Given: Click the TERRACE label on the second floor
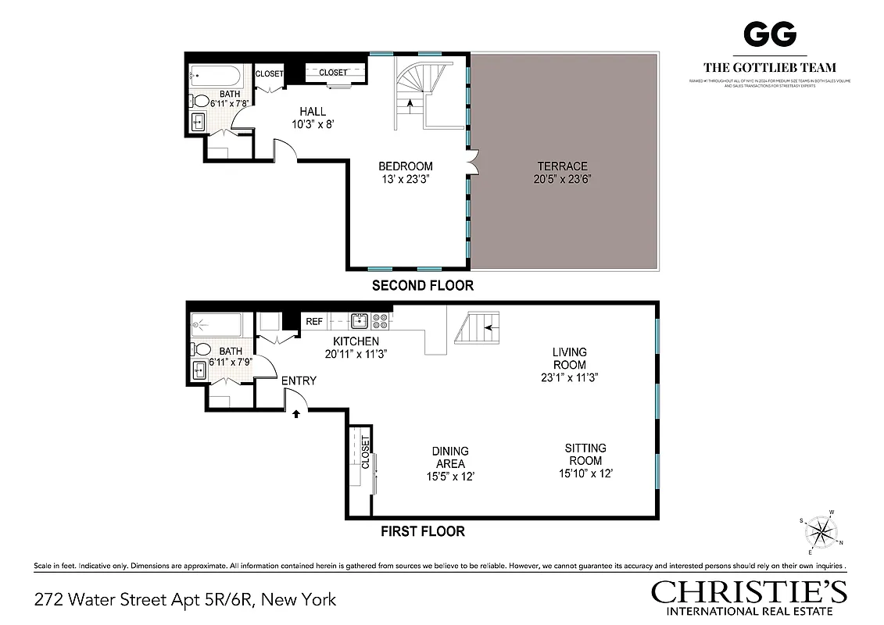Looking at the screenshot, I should tap(562, 166).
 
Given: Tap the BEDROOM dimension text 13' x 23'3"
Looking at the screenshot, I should tap(406, 179).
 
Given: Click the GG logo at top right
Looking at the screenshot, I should tap(769, 34).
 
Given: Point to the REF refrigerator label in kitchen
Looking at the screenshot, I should tap(314, 321).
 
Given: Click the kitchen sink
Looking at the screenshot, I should tap(360, 320).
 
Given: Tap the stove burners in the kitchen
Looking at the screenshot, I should tap(380, 320).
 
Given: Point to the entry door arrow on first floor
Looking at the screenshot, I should tap(296, 414).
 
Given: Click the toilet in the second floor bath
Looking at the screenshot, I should tap(202, 102).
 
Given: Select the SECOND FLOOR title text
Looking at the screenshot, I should tap(422, 285).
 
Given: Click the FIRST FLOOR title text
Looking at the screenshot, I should tap(422, 531).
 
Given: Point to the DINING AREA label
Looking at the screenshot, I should tap(450, 457).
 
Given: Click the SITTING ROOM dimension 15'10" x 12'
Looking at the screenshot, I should tap(585, 473).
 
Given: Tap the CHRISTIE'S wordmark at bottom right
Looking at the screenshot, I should tap(749, 591).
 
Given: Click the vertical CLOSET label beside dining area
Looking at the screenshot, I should tap(365, 453).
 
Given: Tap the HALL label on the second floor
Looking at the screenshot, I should tap(313, 112).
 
